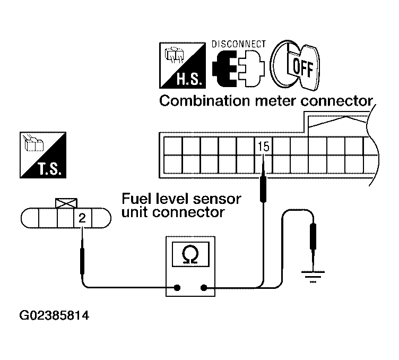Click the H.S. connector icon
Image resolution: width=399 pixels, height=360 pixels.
(183, 65)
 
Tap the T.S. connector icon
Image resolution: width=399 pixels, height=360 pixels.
(43, 155)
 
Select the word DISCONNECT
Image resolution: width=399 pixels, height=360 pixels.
(238, 44)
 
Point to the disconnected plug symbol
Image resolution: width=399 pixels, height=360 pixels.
(238, 68)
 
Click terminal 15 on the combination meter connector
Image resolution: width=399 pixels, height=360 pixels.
(263, 147)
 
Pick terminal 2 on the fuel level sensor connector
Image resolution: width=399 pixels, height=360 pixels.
(82, 218)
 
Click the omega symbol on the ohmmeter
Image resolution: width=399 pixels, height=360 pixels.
(190, 254)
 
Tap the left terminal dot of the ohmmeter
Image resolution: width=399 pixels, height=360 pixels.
(177, 288)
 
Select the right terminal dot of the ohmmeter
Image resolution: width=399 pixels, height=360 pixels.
(204, 288)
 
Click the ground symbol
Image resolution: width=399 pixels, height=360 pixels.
(313, 277)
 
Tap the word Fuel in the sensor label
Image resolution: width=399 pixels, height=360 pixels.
(137, 199)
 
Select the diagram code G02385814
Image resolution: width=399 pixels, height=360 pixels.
(54, 316)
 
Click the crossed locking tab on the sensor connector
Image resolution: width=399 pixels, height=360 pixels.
(66, 203)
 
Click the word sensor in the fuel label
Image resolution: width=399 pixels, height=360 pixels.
(217, 199)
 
